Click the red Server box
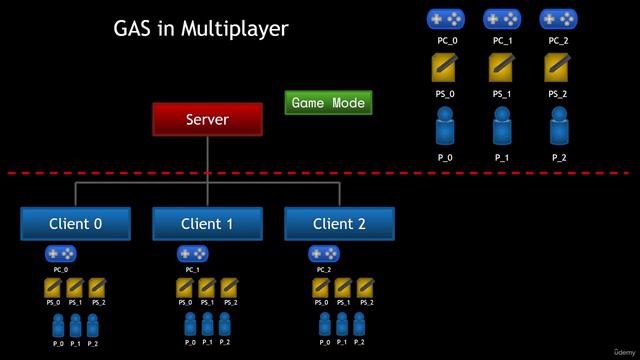(x=207, y=120)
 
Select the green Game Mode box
(x=329, y=103)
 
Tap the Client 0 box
(x=75, y=224)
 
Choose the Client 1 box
(x=207, y=224)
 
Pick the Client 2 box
(x=339, y=224)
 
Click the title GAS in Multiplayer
(x=201, y=29)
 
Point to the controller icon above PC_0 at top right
(x=445, y=19)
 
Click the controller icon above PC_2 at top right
(x=558, y=19)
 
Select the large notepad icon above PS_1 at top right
(x=502, y=67)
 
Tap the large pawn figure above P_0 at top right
(x=445, y=128)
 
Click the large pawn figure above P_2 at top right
(x=558, y=128)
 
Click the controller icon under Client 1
(x=192, y=254)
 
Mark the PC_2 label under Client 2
(x=323, y=270)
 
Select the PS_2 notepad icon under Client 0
(x=97, y=289)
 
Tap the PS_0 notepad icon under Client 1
(x=185, y=289)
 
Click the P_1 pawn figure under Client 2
(x=342, y=325)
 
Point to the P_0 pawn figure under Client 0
(x=58, y=325)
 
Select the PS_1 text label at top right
(x=502, y=95)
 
